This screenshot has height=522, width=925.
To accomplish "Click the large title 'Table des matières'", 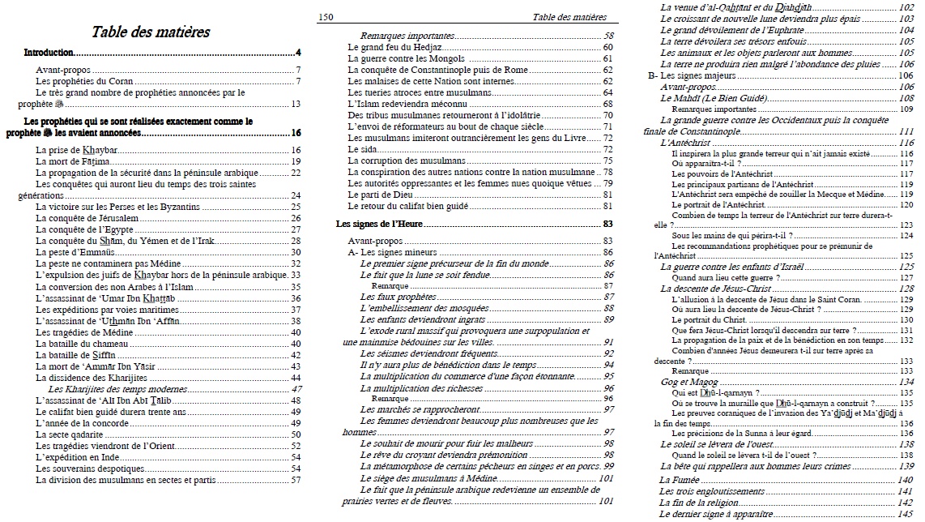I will coord(151,32).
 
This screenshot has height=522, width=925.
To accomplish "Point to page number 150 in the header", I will coord(326,16).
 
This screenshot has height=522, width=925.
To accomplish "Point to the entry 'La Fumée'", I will coord(679,480).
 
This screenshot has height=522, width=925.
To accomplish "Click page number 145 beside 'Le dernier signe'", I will coord(906,514).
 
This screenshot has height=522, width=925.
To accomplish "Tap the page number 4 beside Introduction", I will coord(298,53).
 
